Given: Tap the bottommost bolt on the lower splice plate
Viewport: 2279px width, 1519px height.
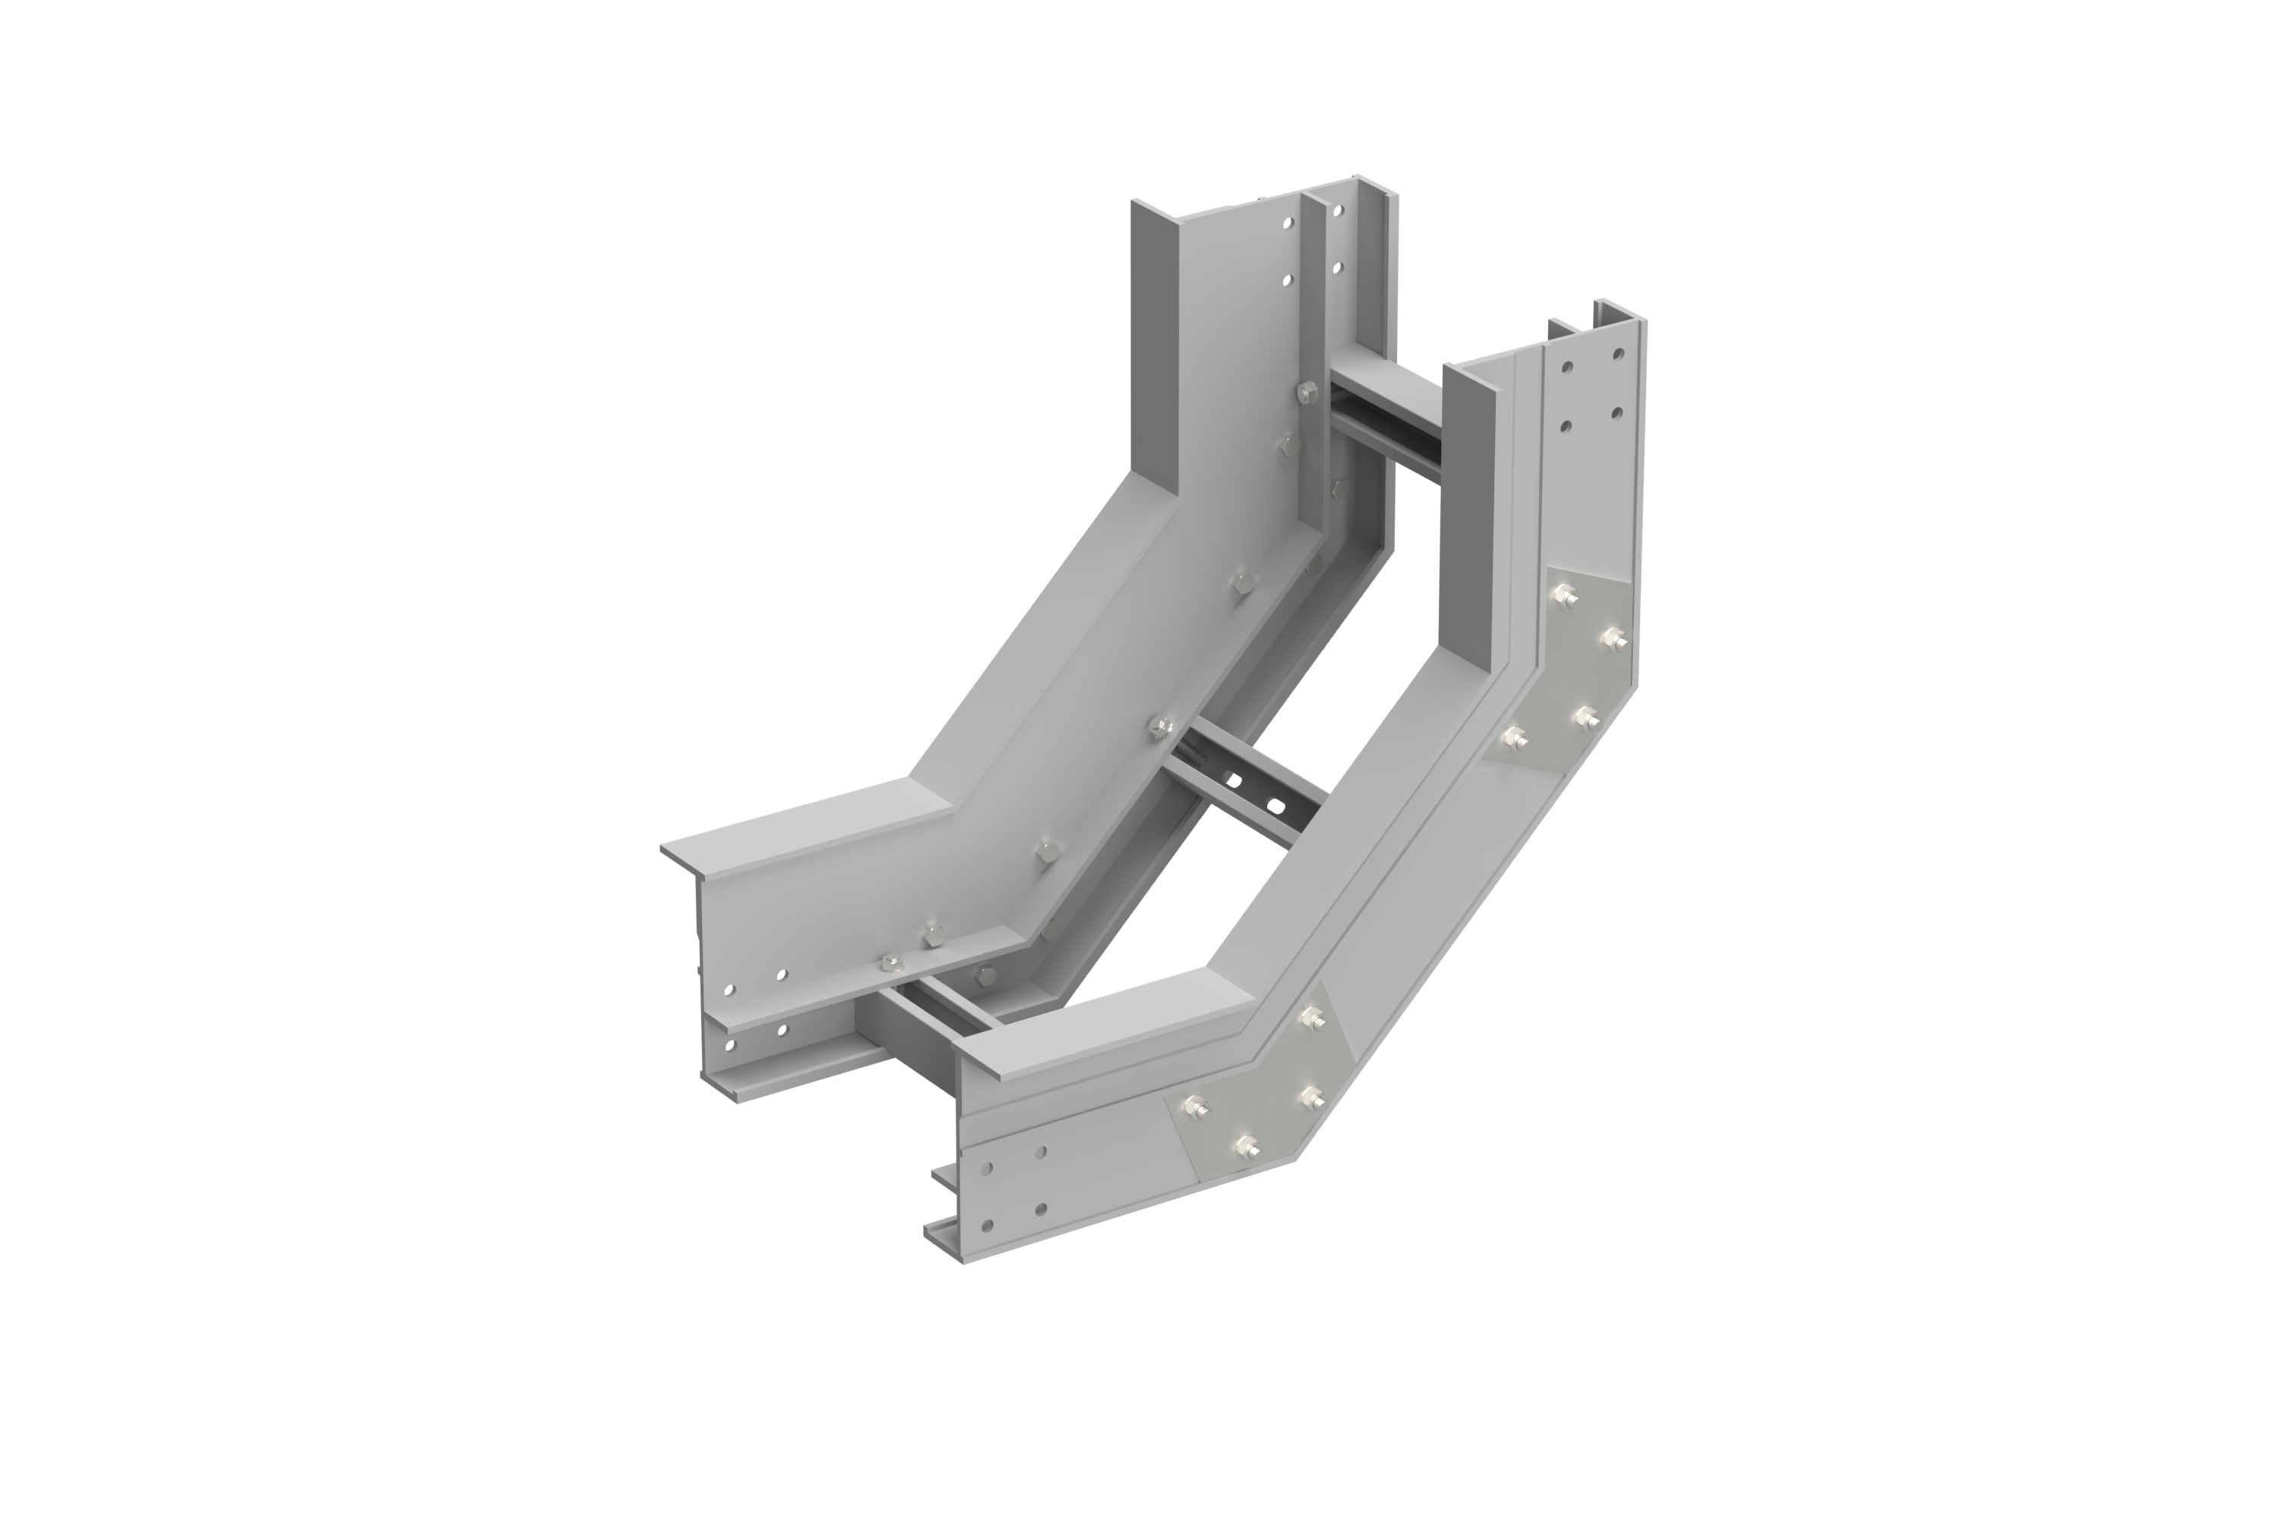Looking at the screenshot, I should pyautogui.click(x=1245, y=1146).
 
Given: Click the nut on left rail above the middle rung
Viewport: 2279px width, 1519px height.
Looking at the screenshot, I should pyautogui.click(x=1160, y=727).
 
